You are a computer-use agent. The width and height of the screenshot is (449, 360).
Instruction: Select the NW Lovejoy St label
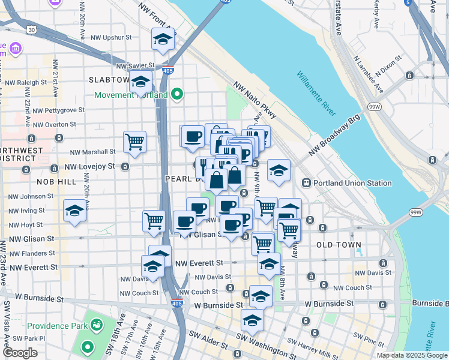pyautogui.click(x=90, y=166)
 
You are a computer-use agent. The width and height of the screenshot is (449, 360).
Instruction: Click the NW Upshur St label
pyautogui.click(x=111, y=37)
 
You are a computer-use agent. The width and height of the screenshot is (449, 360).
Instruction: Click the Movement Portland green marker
pyautogui.click(x=177, y=94)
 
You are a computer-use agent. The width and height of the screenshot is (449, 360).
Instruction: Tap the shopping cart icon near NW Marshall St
pyautogui.click(x=134, y=142)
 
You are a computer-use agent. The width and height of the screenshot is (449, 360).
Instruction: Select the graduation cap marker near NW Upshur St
pyautogui.click(x=162, y=39)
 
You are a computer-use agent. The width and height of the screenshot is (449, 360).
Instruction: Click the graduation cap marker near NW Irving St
pyautogui.click(x=74, y=211)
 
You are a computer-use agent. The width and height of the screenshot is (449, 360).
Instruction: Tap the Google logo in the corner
pyautogui.click(x=21, y=353)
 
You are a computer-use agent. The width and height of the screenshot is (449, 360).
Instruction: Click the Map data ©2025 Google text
pyautogui.click(x=412, y=355)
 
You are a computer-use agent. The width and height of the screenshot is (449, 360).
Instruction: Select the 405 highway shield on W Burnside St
pyautogui.click(x=176, y=303)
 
